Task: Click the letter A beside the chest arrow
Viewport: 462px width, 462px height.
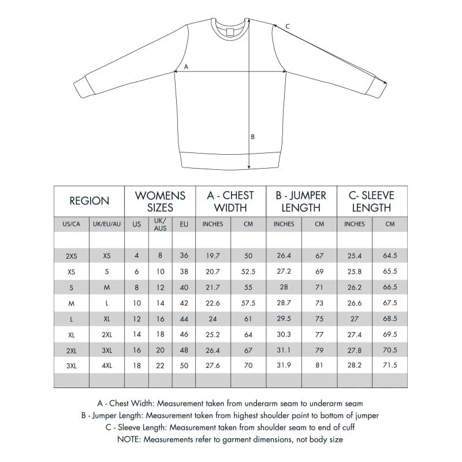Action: pyautogui.click(x=186, y=66)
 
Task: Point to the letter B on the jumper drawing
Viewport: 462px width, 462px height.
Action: pyautogui.click(x=252, y=137)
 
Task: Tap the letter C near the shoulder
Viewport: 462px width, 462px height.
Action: pyautogui.click(x=288, y=26)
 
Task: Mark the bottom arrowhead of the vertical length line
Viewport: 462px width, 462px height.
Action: pyautogui.click(x=249, y=166)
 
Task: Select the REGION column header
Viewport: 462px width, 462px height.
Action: pyautogui.click(x=89, y=201)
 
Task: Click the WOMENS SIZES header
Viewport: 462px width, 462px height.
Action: pyautogui.click(x=160, y=201)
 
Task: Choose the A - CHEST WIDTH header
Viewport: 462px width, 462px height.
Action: pyautogui.click(x=230, y=201)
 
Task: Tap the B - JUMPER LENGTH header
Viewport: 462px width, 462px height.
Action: pyautogui.click(x=301, y=201)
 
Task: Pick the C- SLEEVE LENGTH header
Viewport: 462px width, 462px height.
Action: pyautogui.click(x=371, y=201)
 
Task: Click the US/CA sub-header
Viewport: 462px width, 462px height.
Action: pyautogui.click(x=71, y=224)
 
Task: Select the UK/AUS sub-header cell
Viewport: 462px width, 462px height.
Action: pyautogui.click(x=160, y=224)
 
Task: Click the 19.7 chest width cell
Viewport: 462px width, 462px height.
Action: pyautogui.click(x=213, y=255)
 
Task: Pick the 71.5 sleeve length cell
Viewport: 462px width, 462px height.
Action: pyautogui.click(x=390, y=366)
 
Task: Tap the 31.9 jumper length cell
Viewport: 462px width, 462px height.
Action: pyautogui.click(x=284, y=366)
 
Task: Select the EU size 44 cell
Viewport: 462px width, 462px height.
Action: pyautogui.click(x=184, y=319)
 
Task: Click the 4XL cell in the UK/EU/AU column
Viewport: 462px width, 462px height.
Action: pyautogui.click(x=107, y=366)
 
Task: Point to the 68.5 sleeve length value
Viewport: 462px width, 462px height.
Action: pyautogui.click(x=390, y=319)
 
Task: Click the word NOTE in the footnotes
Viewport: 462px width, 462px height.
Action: pyautogui.click(x=130, y=439)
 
